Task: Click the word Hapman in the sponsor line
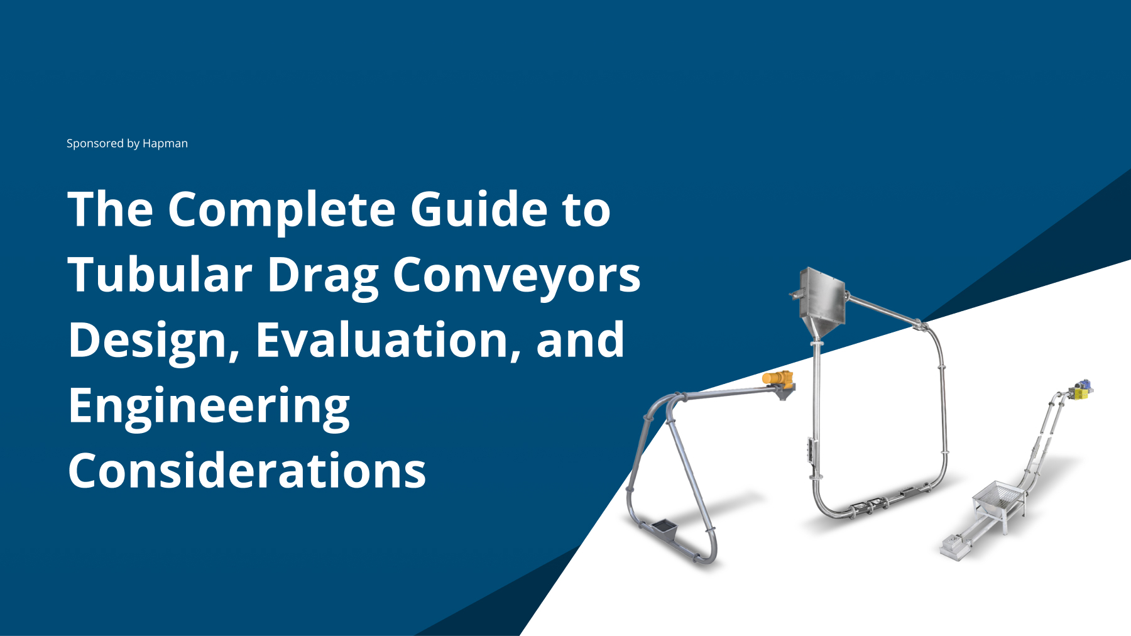coord(165,144)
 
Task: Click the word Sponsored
coord(95,144)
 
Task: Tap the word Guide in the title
coord(479,209)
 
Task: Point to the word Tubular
coord(160,275)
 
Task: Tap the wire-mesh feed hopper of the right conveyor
coord(998,500)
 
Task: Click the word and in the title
coord(581,340)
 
